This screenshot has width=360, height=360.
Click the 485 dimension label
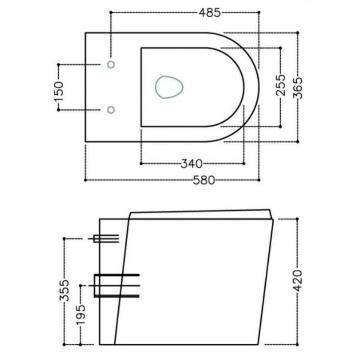click(210, 13)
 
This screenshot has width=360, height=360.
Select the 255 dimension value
click(280, 85)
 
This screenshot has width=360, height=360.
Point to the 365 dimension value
click(298, 88)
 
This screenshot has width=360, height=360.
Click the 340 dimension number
click(192, 164)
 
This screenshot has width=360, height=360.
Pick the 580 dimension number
click(204, 180)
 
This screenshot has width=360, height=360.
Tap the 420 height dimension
click(298, 280)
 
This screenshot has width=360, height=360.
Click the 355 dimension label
click(64, 290)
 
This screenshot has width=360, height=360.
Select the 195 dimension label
click(81, 315)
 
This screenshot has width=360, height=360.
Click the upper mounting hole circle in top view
click(111, 65)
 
